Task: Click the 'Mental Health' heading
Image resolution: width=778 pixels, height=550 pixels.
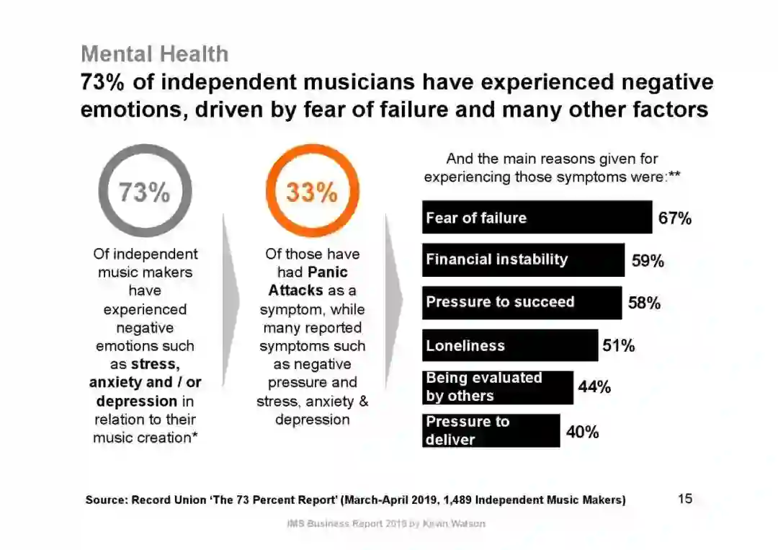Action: [x=154, y=54]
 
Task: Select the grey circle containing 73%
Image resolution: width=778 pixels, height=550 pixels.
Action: [x=145, y=192]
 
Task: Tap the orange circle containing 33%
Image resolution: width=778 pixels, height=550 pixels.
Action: [x=312, y=192]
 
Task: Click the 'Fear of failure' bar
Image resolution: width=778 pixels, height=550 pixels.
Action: [x=537, y=218]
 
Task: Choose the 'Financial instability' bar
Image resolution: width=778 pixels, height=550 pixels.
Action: [x=523, y=260]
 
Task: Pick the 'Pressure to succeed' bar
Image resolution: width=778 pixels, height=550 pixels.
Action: [x=522, y=303]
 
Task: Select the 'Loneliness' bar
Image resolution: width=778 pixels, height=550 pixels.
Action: [x=509, y=346]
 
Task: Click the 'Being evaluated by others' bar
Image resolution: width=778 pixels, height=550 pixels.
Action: [x=497, y=387]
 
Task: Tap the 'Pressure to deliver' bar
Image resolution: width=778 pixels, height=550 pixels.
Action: [x=491, y=430]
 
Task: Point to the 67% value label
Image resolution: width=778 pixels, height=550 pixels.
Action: [x=675, y=218]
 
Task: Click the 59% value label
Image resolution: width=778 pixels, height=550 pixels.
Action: [x=648, y=261]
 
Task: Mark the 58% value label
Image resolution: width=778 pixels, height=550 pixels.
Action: [x=644, y=303]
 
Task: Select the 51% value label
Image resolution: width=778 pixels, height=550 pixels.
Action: [x=619, y=346]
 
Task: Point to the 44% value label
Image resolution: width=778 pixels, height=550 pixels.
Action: [x=594, y=388]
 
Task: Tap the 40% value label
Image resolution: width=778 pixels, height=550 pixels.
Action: [x=582, y=432]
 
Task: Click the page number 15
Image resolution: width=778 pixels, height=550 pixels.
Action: [x=685, y=498]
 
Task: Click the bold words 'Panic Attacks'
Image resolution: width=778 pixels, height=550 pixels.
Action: [x=311, y=282]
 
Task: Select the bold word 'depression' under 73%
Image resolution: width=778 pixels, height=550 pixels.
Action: [x=136, y=401]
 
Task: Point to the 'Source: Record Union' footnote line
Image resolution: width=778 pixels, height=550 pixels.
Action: [x=355, y=500]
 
